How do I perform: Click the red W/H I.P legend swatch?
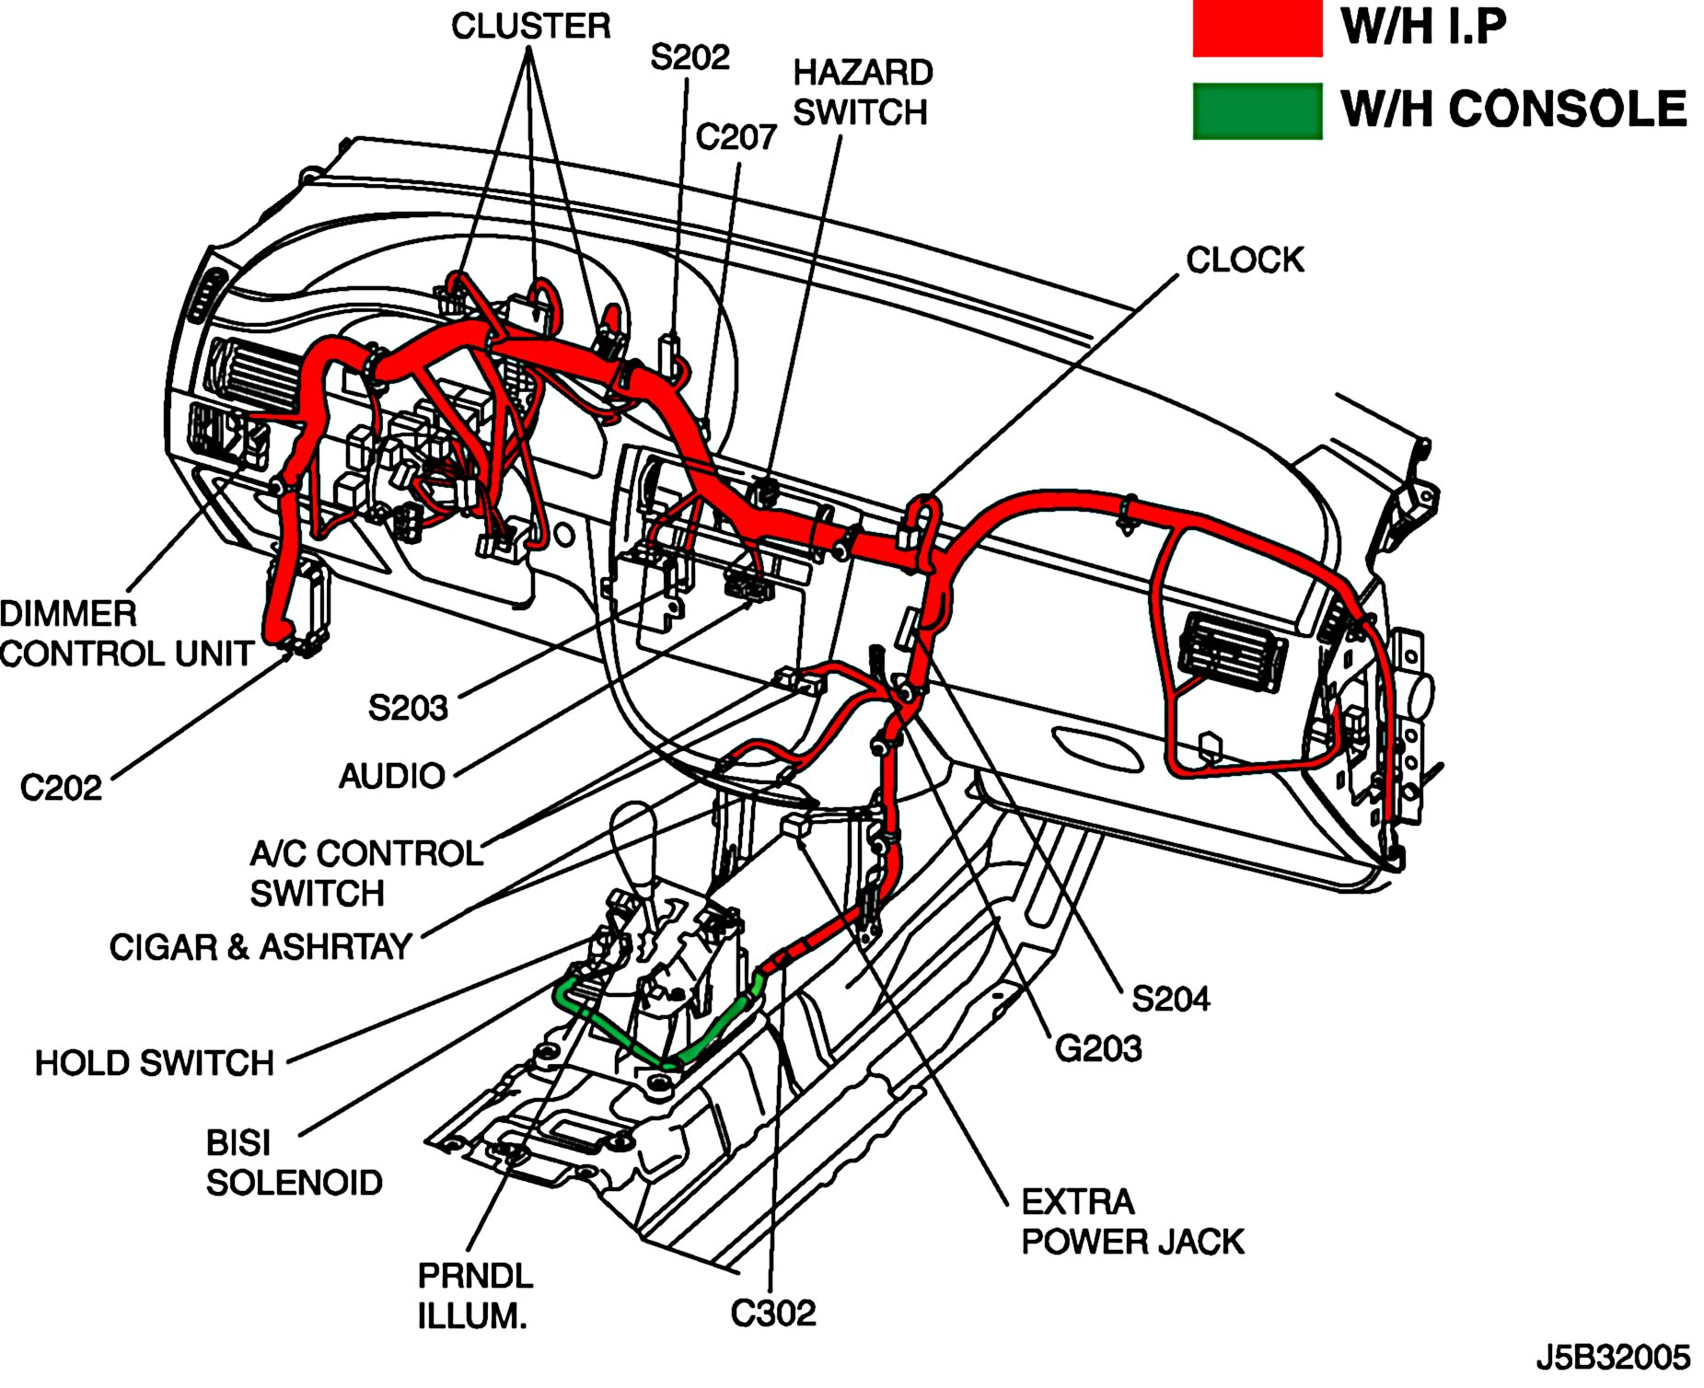[1257, 29]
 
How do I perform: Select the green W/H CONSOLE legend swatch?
[1257, 110]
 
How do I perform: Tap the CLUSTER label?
[530, 26]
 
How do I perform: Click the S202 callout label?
[690, 57]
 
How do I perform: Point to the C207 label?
[736, 137]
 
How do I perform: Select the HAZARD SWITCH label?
[862, 92]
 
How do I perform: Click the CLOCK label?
[1245, 260]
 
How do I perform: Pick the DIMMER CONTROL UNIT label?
[126, 633]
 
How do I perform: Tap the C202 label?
[61, 788]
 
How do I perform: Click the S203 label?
[408, 708]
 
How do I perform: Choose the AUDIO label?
[392, 776]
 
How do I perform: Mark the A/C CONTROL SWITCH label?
[365, 873]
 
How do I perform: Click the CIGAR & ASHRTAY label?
[261, 946]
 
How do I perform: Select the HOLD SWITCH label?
[155, 1063]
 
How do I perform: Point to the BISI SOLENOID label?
[294, 1162]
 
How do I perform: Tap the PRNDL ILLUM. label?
[474, 1296]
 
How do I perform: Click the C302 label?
[773, 1313]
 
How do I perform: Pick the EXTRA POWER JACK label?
[1132, 1221]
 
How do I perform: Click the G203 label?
[1097, 1048]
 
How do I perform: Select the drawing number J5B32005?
[1613, 1358]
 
